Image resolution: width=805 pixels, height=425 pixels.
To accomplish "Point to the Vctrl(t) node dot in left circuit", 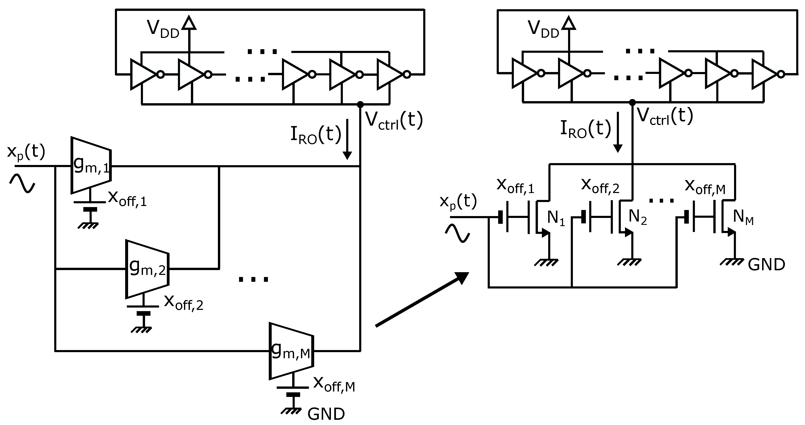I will click(x=360, y=104).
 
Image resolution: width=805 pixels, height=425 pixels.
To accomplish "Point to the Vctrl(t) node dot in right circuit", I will click(x=632, y=102).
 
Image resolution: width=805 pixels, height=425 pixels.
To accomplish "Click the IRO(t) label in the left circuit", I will click(x=316, y=135).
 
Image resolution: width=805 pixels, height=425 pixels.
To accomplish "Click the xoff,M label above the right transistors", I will click(x=705, y=187).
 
